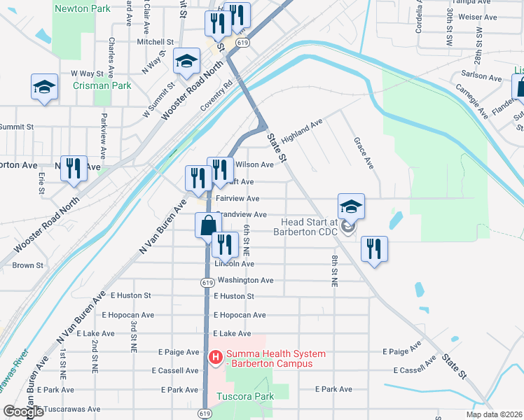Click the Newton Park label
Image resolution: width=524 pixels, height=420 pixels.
click(x=83, y=9)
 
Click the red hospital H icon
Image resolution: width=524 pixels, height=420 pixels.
click(x=216, y=358)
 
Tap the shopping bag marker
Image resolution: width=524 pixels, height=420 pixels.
click(x=208, y=225)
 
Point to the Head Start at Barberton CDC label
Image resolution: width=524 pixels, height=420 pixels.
click(x=305, y=226)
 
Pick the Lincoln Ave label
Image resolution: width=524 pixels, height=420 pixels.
click(x=235, y=264)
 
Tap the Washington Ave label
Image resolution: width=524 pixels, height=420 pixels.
click(x=245, y=280)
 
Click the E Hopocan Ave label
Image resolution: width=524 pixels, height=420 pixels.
click(x=240, y=315)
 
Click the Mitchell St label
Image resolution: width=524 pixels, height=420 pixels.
click(x=155, y=42)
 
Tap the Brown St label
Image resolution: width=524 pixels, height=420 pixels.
click(x=28, y=265)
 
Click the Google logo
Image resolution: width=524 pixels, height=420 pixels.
click(x=23, y=412)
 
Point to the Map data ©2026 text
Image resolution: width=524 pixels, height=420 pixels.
click(x=494, y=414)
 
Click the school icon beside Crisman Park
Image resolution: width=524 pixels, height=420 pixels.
click(x=44, y=87)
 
